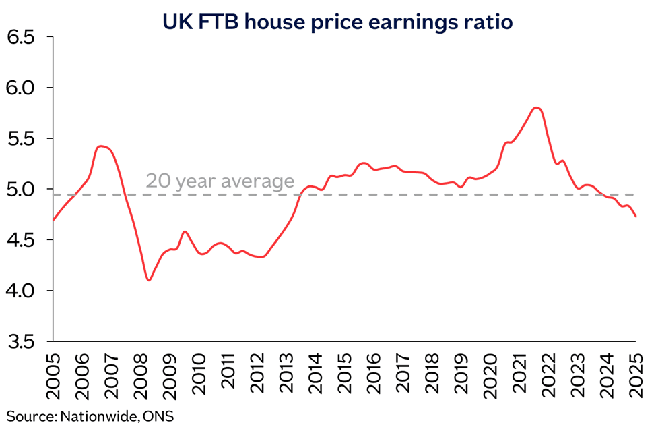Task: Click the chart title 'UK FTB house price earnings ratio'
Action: click(x=337, y=21)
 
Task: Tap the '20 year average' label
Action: click(x=220, y=181)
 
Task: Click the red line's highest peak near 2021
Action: click(x=536, y=108)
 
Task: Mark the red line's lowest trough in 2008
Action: click(x=148, y=280)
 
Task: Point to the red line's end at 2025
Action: click(x=636, y=217)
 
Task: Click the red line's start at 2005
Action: click(x=53, y=220)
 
